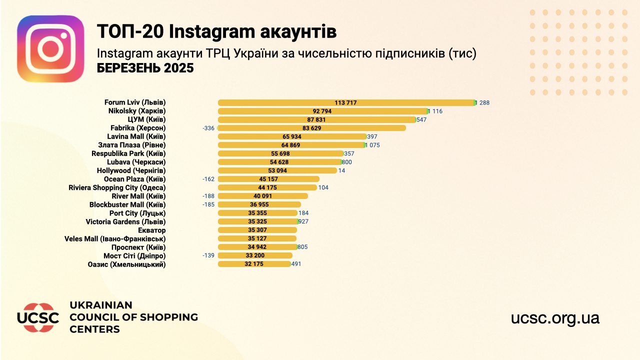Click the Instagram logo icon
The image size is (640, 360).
tap(50, 48)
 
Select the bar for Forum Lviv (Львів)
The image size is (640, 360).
tap(346, 102)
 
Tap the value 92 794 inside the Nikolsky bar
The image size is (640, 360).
tap(322, 111)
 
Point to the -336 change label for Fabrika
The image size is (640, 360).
tap(208, 128)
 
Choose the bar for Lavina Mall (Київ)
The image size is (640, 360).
tap(292, 136)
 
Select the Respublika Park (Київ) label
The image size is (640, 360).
tap(128, 153)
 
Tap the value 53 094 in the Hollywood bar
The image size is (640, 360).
tap(277, 170)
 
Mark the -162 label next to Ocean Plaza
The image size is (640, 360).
tap(208, 179)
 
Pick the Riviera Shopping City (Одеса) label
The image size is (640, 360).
tap(117, 187)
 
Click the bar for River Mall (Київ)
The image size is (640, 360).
tap(263, 196)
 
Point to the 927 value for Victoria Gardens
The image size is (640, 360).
tap(303, 221)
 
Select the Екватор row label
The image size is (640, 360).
tap(151, 230)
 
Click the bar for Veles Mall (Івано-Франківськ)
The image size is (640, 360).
tap(257, 238)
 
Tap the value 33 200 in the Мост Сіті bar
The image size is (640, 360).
tap(255, 255)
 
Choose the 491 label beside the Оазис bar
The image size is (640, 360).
tap(296, 264)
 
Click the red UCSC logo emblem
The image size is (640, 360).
tap(38, 317)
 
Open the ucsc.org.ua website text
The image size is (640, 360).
tap(555, 317)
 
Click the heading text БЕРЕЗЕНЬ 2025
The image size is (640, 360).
tap(145, 68)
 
